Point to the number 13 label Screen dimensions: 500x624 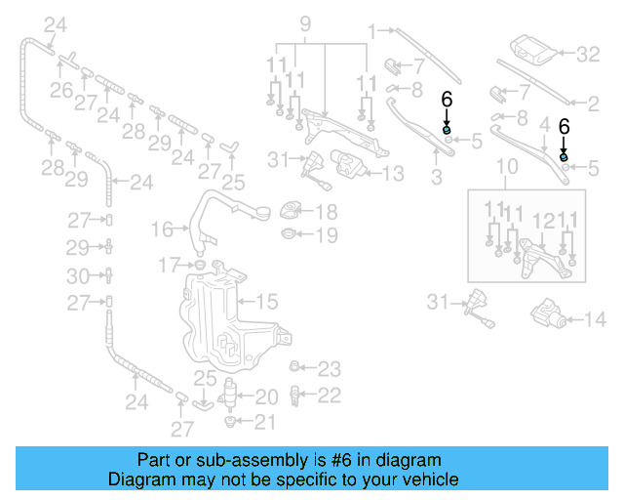tap(392, 175)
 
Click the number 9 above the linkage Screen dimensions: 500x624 tap(304, 22)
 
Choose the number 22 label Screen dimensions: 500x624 tap(330, 395)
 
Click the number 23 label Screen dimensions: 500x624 tap(330, 369)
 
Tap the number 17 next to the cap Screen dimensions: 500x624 tap(169, 264)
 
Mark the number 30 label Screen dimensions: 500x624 tap(84, 275)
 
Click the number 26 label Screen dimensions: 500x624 tap(61, 91)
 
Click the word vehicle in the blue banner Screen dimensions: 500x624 tap(427, 480)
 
